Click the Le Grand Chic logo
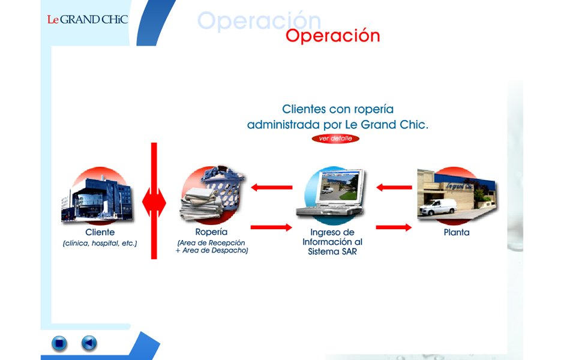click(x=88, y=19)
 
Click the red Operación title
click(x=333, y=35)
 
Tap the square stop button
click(x=59, y=343)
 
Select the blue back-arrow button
click(x=89, y=343)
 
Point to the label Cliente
click(x=100, y=232)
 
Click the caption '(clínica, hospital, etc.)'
click(x=100, y=244)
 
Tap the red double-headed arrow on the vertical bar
click(x=154, y=202)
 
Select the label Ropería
click(x=211, y=232)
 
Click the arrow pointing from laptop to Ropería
click(x=272, y=187)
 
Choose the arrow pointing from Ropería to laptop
click(x=271, y=227)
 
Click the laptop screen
click(x=338, y=186)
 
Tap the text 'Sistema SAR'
click(x=332, y=252)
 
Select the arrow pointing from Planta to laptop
click(x=394, y=187)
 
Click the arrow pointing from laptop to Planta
click(x=394, y=227)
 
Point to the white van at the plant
click(x=437, y=207)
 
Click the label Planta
click(x=457, y=232)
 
